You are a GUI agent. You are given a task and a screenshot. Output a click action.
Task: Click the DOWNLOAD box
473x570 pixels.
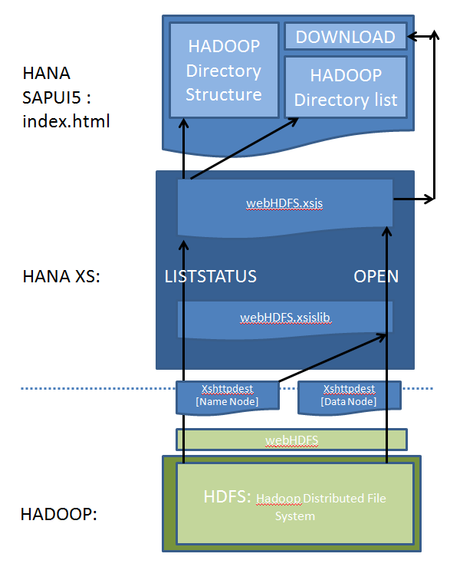point(345,36)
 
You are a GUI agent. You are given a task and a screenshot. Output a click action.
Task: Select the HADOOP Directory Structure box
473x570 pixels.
point(224,71)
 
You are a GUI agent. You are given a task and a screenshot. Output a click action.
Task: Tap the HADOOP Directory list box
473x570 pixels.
point(346,87)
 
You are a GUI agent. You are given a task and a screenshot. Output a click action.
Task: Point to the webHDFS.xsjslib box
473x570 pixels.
point(285,317)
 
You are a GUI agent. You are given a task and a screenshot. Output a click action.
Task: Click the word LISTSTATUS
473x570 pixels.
point(211,276)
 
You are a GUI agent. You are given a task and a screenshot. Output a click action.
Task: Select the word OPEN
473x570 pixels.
point(376,276)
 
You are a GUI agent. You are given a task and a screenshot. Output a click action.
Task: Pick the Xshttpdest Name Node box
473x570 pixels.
point(226,396)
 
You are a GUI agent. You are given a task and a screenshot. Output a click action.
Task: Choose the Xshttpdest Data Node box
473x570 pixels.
point(349,396)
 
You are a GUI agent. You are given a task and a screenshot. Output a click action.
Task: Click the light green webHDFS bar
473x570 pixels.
point(291,440)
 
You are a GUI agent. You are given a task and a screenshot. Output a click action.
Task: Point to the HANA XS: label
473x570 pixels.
point(62,276)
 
